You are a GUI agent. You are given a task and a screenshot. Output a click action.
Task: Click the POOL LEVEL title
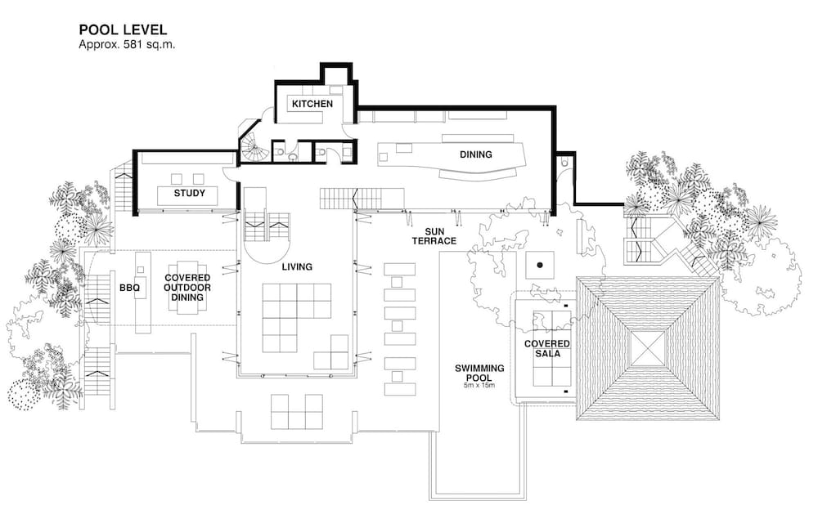(x=123, y=29)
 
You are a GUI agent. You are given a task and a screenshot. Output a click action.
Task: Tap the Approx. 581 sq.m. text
(x=127, y=44)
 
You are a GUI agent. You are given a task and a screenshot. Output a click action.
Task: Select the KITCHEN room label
(x=312, y=104)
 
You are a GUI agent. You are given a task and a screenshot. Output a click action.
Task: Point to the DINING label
(x=476, y=154)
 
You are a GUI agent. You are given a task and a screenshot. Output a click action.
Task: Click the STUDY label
(x=190, y=193)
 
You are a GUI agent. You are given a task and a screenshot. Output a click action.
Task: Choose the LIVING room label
(x=297, y=266)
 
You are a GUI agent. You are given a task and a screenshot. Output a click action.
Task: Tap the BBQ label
(x=129, y=288)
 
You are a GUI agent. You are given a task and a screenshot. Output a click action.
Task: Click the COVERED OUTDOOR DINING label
(x=187, y=288)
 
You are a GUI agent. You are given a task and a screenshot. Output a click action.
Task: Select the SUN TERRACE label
(x=434, y=236)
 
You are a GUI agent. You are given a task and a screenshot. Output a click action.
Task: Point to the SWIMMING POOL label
(x=479, y=373)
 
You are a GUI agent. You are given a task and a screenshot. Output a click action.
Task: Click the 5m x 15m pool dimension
(x=479, y=386)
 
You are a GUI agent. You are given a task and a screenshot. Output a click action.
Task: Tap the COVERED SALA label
(x=546, y=348)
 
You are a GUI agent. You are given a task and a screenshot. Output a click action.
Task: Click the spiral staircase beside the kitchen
(x=254, y=146)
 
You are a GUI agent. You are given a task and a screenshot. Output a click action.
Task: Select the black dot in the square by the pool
(x=540, y=265)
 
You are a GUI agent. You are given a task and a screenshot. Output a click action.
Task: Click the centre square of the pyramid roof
(x=647, y=348)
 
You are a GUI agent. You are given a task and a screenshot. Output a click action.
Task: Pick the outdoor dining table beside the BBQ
(x=188, y=288)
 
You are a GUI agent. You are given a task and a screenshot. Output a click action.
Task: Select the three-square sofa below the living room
(x=297, y=411)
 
